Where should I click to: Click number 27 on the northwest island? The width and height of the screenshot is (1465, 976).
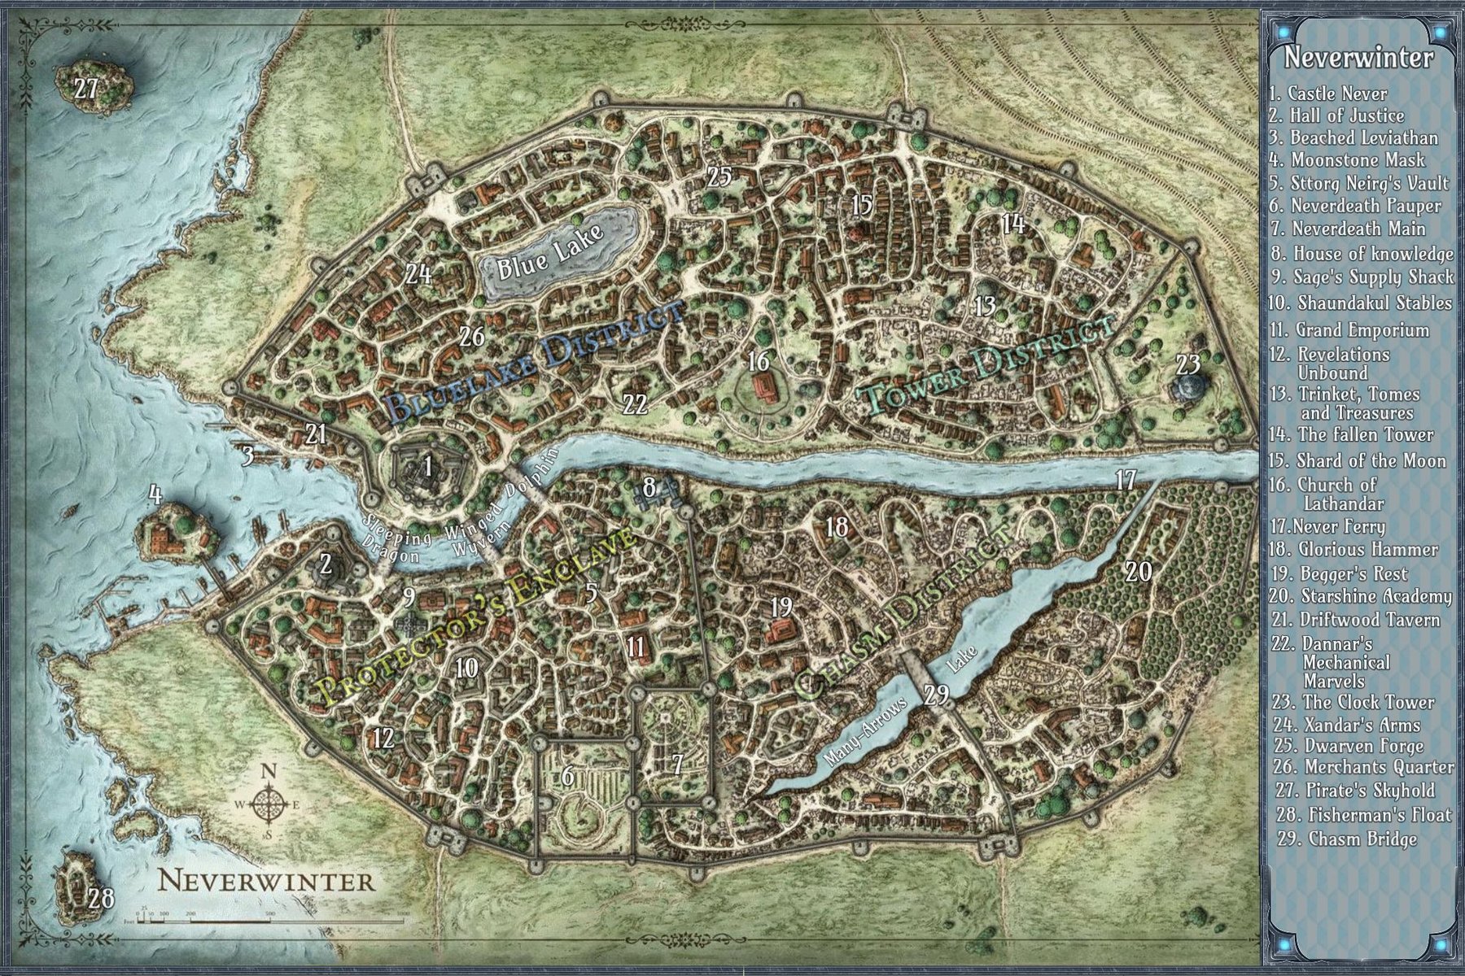tap(85, 88)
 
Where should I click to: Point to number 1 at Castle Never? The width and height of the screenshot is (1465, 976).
tap(427, 467)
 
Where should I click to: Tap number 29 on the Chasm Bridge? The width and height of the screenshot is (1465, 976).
tap(937, 694)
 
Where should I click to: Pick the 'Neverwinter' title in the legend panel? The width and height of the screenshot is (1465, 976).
tap(1358, 59)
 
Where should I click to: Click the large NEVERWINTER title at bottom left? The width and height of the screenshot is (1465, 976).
tap(266, 881)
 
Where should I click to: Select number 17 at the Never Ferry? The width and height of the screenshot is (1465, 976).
tap(1126, 480)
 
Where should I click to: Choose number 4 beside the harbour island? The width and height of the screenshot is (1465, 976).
tap(155, 494)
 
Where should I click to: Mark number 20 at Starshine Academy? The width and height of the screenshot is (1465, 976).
tap(1139, 572)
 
